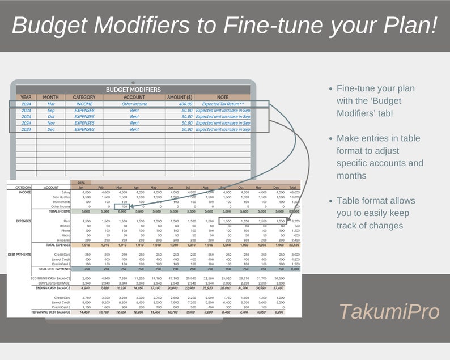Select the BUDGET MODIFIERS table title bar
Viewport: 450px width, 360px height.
click(x=133, y=90)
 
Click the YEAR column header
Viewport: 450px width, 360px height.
click(x=26, y=97)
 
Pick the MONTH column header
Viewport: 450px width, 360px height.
click(x=50, y=97)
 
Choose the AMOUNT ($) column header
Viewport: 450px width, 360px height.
click(x=180, y=97)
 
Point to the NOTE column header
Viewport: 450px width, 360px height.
click(x=222, y=97)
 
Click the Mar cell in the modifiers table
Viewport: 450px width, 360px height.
click(x=50, y=104)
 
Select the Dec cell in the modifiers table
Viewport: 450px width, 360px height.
click(x=50, y=129)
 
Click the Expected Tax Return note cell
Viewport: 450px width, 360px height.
click(x=222, y=104)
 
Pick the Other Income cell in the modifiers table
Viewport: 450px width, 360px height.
click(x=134, y=104)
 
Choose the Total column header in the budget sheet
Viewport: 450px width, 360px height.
click(x=292, y=187)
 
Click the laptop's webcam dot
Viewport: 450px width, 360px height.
click(x=133, y=83)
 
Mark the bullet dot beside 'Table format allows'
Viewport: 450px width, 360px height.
click(x=330, y=201)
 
